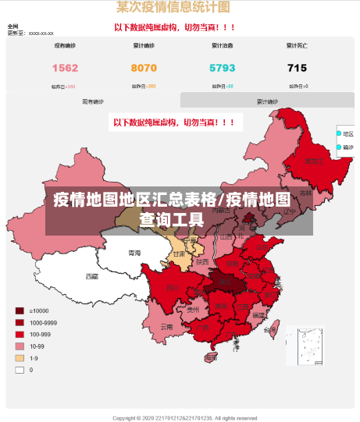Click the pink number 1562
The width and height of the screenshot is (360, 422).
coord(65,68)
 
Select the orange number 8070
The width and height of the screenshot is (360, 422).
coord(144,68)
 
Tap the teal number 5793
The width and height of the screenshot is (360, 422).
coord(222,68)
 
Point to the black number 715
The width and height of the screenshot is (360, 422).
coord(297,68)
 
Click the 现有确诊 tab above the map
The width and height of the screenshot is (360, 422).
coord(93,101)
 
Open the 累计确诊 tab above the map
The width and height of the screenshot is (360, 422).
coord(267,101)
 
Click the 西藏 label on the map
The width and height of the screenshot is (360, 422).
coord(92,276)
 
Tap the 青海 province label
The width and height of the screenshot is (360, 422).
coord(135,253)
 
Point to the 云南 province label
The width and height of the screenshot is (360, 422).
coord(166,326)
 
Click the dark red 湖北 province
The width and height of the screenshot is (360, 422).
coord(226,283)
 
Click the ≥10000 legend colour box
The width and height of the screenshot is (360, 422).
coord(19,310)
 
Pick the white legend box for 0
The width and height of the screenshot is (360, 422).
coord(19,370)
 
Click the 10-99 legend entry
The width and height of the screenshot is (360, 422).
coord(36,346)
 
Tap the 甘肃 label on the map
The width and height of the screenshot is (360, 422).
coord(179,254)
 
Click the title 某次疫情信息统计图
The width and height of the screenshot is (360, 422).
coord(173,8)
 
